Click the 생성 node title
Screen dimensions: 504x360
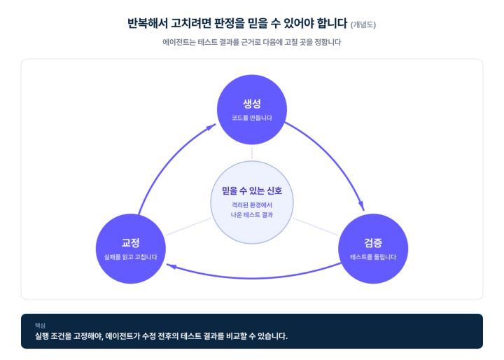(252, 104)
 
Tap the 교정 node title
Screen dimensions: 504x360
(130, 242)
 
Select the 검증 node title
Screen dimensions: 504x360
(373, 242)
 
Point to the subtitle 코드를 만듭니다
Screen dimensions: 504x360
(252, 118)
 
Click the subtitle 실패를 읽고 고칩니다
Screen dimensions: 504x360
(130, 257)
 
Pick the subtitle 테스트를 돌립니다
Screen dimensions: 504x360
(373, 257)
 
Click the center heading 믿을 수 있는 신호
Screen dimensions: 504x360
(252, 191)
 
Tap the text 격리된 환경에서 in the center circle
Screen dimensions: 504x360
(252, 205)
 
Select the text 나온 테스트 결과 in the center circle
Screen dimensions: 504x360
(252, 215)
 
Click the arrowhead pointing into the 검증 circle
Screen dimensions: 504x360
(362, 206)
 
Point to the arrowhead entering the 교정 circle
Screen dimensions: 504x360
(171, 266)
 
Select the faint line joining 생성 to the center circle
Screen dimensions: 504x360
(252, 153)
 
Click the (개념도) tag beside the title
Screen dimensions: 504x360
(363, 25)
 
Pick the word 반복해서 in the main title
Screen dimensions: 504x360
(148, 23)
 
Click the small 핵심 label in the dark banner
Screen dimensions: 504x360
(40, 326)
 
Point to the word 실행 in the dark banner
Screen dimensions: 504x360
(41, 336)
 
